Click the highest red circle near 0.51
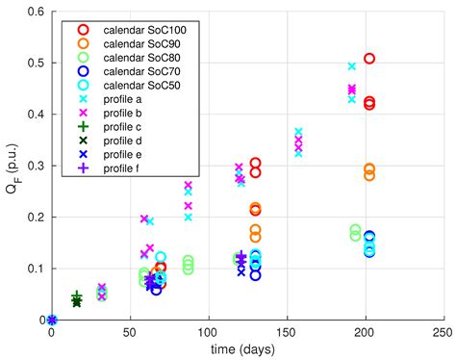point(368,59)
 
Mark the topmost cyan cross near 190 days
point(351,66)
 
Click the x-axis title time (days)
point(246,349)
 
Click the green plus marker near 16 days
point(77,296)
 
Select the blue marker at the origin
point(52,320)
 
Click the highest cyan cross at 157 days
point(298,132)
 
